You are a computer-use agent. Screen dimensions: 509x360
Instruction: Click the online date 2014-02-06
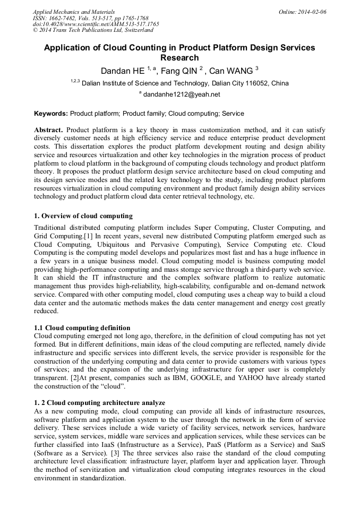click(312, 12)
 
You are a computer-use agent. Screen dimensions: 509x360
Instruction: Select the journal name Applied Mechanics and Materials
click(74, 12)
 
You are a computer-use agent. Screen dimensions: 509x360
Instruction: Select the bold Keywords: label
click(51, 114)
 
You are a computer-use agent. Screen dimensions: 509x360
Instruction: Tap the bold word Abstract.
click(48, 130)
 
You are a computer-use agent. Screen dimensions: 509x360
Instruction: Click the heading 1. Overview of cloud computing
click(83, 216)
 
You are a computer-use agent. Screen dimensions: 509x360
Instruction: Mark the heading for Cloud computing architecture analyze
click(99, 403)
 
